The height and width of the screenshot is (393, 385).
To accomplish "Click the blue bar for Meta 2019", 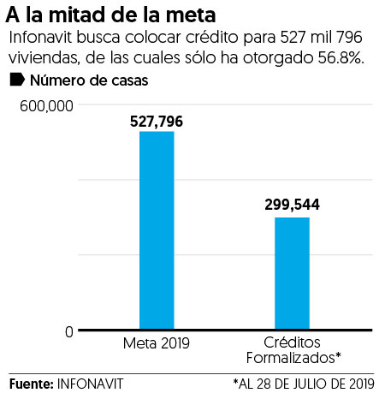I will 157,230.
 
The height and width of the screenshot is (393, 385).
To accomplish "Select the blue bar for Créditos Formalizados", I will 292,273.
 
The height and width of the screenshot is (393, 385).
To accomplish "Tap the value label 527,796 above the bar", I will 157,122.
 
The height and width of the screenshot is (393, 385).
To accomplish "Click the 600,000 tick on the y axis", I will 42,104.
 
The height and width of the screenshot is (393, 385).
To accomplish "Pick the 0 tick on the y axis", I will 68,331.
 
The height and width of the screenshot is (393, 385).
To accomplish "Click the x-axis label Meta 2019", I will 157,343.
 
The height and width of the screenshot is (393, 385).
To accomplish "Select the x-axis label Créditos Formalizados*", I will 292,349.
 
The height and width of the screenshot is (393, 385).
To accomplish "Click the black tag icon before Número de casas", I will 16,81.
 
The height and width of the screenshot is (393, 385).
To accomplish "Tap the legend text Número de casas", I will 88,81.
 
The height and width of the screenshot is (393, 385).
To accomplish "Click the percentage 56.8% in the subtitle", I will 347,58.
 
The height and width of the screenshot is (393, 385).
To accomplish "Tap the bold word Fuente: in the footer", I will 31,381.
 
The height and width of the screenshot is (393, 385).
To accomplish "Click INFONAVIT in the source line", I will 90,381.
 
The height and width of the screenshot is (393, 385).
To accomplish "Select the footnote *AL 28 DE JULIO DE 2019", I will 303,381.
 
